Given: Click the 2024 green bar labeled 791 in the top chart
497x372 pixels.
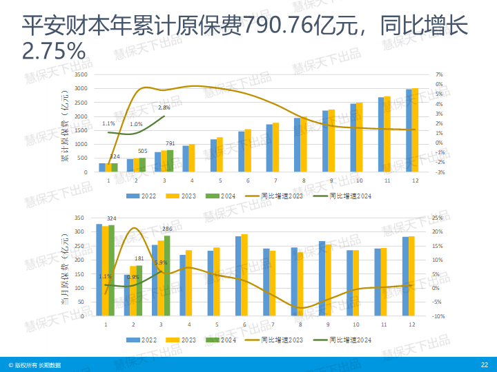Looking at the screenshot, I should click(x=170, y=161).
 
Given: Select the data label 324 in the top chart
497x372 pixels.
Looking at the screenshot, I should click(x=115, y=156).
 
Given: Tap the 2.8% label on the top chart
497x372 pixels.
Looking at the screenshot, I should click(x=164, y=107).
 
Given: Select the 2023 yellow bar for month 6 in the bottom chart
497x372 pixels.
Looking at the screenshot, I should click(x=244, y=275).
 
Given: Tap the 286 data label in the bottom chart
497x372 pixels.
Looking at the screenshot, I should click(x=167, y=229).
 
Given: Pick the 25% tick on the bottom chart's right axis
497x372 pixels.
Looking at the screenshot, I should click(x=437, y=218).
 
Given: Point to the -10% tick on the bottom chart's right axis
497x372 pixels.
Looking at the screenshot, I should click(x=438, y=316).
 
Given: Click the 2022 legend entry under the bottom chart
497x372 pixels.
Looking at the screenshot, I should click(x=145, y=340).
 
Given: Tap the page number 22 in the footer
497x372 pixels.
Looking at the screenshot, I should click(x=484, y=364).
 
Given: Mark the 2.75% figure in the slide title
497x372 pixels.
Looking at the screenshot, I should click(x=54, y=50).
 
